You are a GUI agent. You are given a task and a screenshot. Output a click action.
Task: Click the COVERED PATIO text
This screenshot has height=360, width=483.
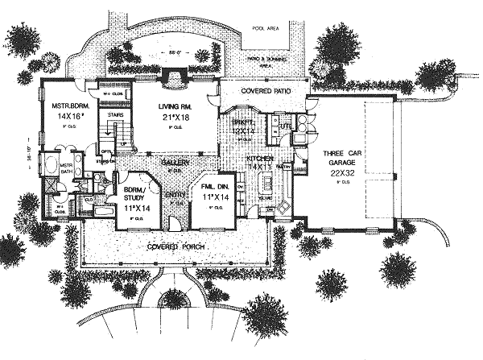coord(262,93)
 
